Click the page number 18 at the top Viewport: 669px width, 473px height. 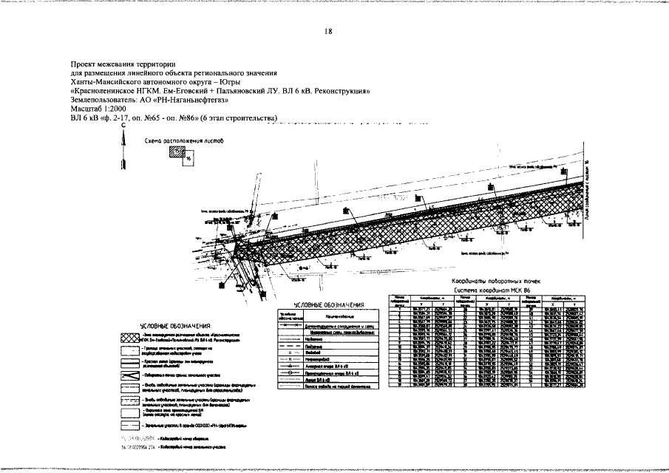[x=328, y=31]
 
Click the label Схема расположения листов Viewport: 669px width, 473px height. [x=174, y=140]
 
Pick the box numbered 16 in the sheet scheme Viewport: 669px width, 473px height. [x=189, y=158]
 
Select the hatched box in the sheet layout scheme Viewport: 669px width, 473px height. [x=175, y=152]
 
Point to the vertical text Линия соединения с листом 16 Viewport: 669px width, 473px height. [x=585, y=196]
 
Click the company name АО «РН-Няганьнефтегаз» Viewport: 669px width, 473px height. [x=190, y=99]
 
